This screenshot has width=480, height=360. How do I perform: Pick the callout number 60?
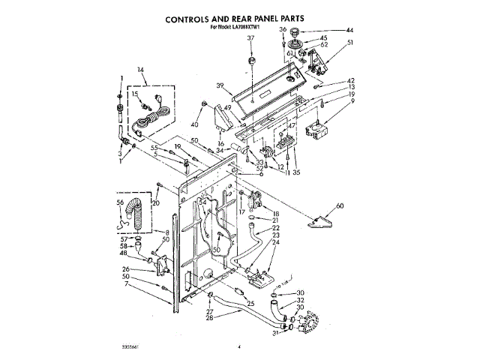point(340,205)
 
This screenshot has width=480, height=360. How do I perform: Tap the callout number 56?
point(120,202)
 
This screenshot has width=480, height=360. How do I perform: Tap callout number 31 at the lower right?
point(275,333)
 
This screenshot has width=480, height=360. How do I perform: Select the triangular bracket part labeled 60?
point(320,219)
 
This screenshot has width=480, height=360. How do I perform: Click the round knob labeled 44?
point(293,32)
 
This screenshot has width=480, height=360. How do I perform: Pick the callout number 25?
point(250,303)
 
